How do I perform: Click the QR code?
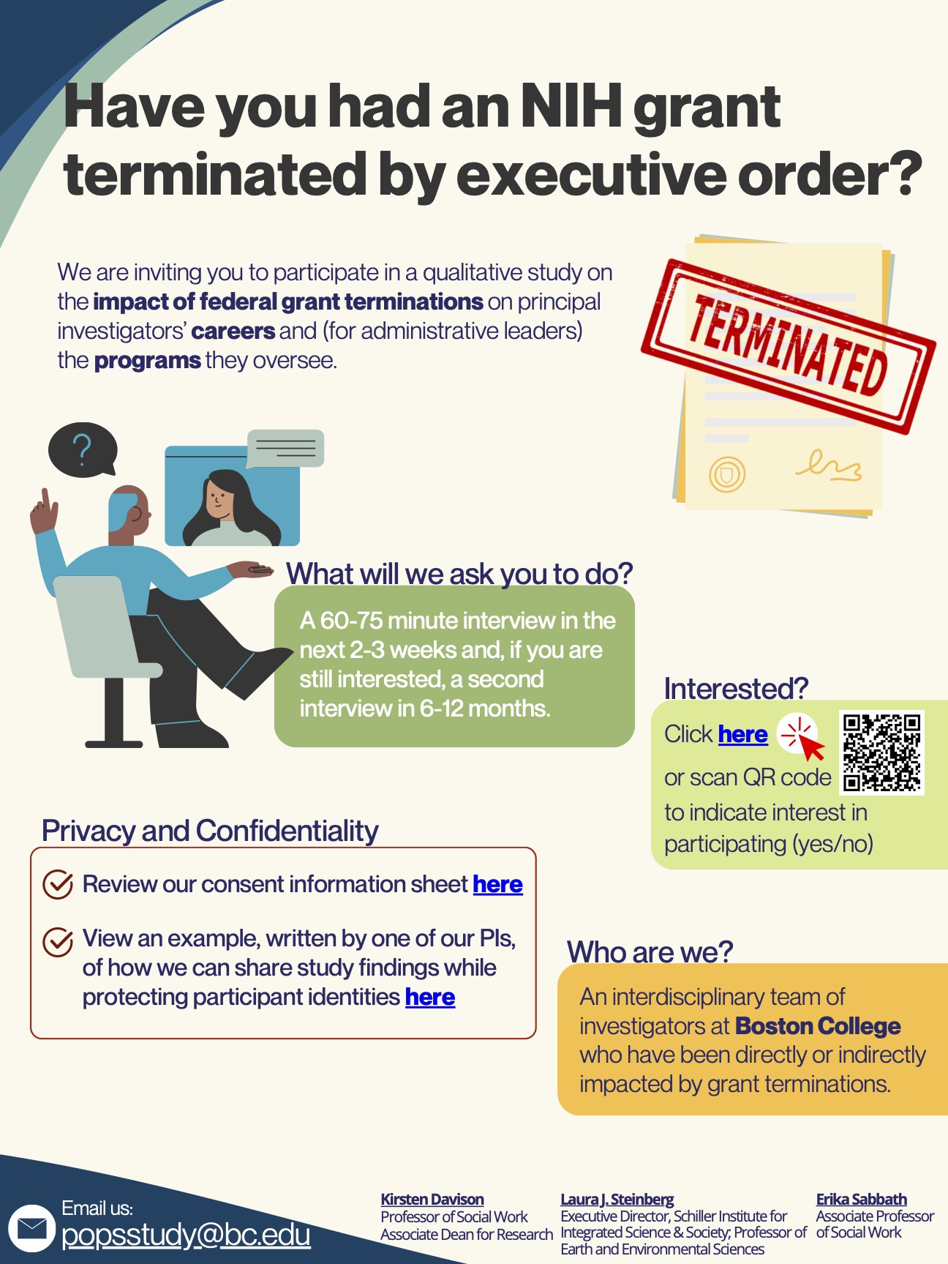pos(882,752)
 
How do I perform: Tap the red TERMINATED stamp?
pos(788,343)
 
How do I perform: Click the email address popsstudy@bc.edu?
pos(186,1235)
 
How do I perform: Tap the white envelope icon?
pos(31,1227)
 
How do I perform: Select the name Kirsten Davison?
pos(432,1199)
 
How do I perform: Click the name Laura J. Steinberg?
pos(617,1199)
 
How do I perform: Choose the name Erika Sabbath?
pos(861,1199)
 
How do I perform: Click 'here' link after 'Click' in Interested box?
pos(742,734)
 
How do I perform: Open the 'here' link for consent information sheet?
pos(497,884)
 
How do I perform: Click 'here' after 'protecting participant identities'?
pos(430,997)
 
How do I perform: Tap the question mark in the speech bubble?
pos(82,448)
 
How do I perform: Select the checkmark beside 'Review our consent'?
pos(58,884)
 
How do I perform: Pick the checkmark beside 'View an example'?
pos(58,941)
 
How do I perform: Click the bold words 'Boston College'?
pos(817,1026)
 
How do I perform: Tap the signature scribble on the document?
pos(829,466)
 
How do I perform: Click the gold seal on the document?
pos(726,474)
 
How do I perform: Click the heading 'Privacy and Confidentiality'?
pos(210,831)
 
